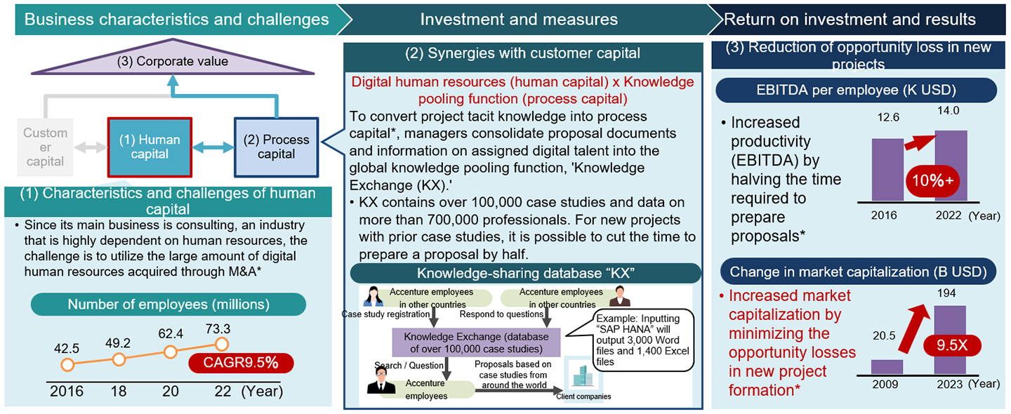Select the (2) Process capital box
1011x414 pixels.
276,147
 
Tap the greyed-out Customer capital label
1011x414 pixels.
45,147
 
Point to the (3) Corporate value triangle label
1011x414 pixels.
173,61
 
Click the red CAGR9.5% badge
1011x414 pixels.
241,363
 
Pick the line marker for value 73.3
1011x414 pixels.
222,344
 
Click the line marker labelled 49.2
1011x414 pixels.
119,359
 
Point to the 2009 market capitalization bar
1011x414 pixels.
887,366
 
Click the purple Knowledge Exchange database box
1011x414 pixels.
475,342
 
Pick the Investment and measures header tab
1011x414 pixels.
520,19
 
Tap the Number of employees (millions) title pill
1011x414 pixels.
168,305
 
